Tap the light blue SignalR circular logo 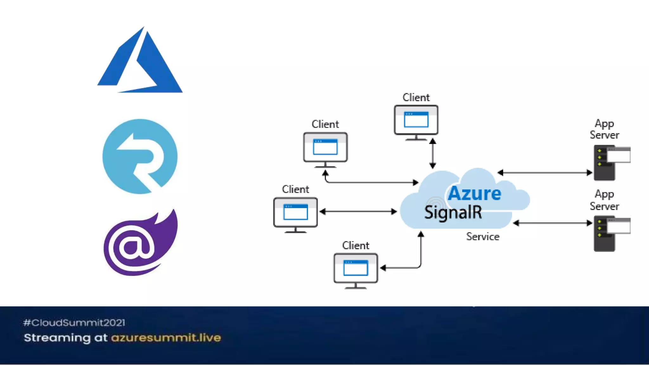point(140,156)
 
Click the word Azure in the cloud point(474,193)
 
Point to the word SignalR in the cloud point(453,212)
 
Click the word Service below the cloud point(483,237)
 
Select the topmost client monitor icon point(416,121)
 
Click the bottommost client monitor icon point(356,269)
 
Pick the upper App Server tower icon point(605,163)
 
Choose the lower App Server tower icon point(605,234)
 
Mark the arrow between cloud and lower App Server point(552,223)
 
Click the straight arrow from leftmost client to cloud point(358,211)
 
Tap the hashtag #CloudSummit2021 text point(74,323)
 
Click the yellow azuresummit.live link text point(166,338)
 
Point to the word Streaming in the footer point(57,338)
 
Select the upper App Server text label point(604,129)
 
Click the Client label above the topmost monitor point(416,97)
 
